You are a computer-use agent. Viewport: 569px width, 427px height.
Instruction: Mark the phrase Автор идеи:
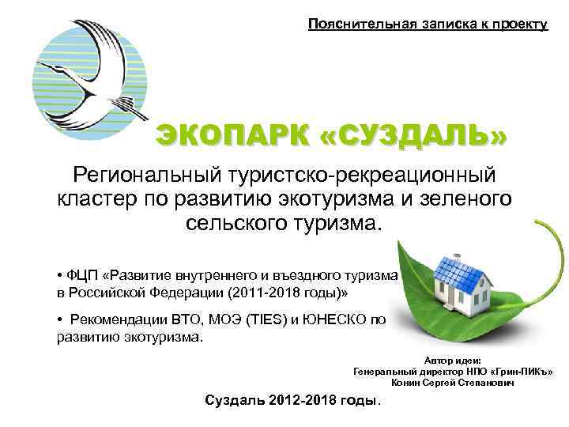[x=447, y=360]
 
